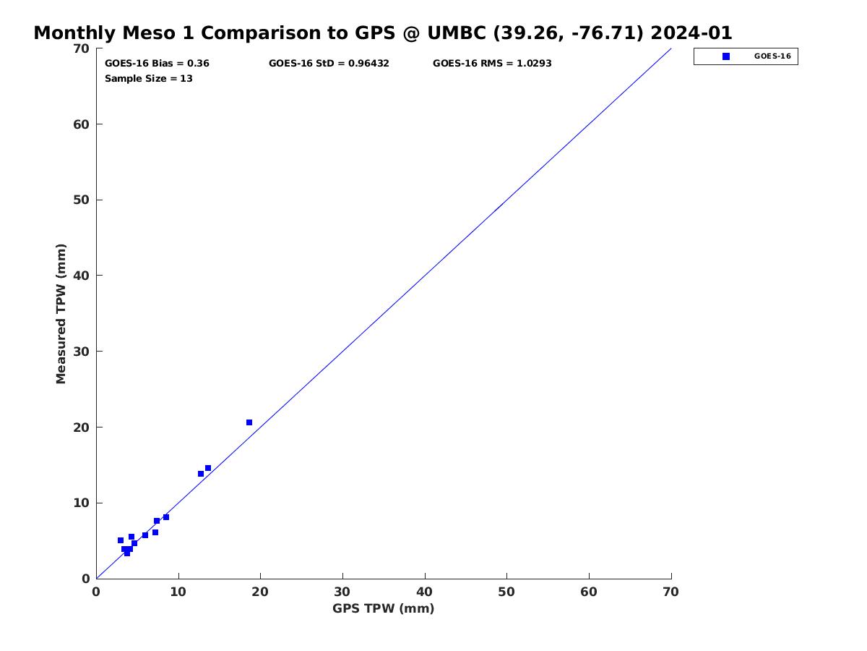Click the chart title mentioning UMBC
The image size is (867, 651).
[x=383, y=33]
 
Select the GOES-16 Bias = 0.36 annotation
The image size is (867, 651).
[x=157, y=63]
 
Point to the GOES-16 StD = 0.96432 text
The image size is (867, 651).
[x=329, y=63]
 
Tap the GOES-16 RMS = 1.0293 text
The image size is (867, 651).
[x=492, y=63]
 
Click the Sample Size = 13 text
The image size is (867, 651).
[x=149, y=78]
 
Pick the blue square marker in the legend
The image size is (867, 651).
[x=726, y=56]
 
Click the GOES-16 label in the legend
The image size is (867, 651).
[x=772, y=56]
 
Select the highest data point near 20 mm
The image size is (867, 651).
[x=249, y=422]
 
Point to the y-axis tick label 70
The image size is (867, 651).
[x=82, y=48]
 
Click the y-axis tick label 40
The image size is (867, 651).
[x=82, y=276]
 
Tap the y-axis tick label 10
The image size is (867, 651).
[x=82, y=503]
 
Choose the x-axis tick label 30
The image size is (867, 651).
[x=342, y=592]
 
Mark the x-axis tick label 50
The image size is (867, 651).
[x=506, y=592]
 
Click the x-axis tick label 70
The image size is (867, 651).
[x=670, y=592]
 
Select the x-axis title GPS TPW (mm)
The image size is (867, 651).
[x=383, y=608]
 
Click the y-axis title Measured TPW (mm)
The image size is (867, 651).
[x=61, y=314]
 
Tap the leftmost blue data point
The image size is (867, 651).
[x=121, y=540]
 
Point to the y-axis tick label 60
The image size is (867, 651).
[x=82, y=124]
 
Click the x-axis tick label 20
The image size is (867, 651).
[x=260, y=592]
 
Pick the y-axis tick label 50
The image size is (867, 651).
[x=82, y=200]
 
